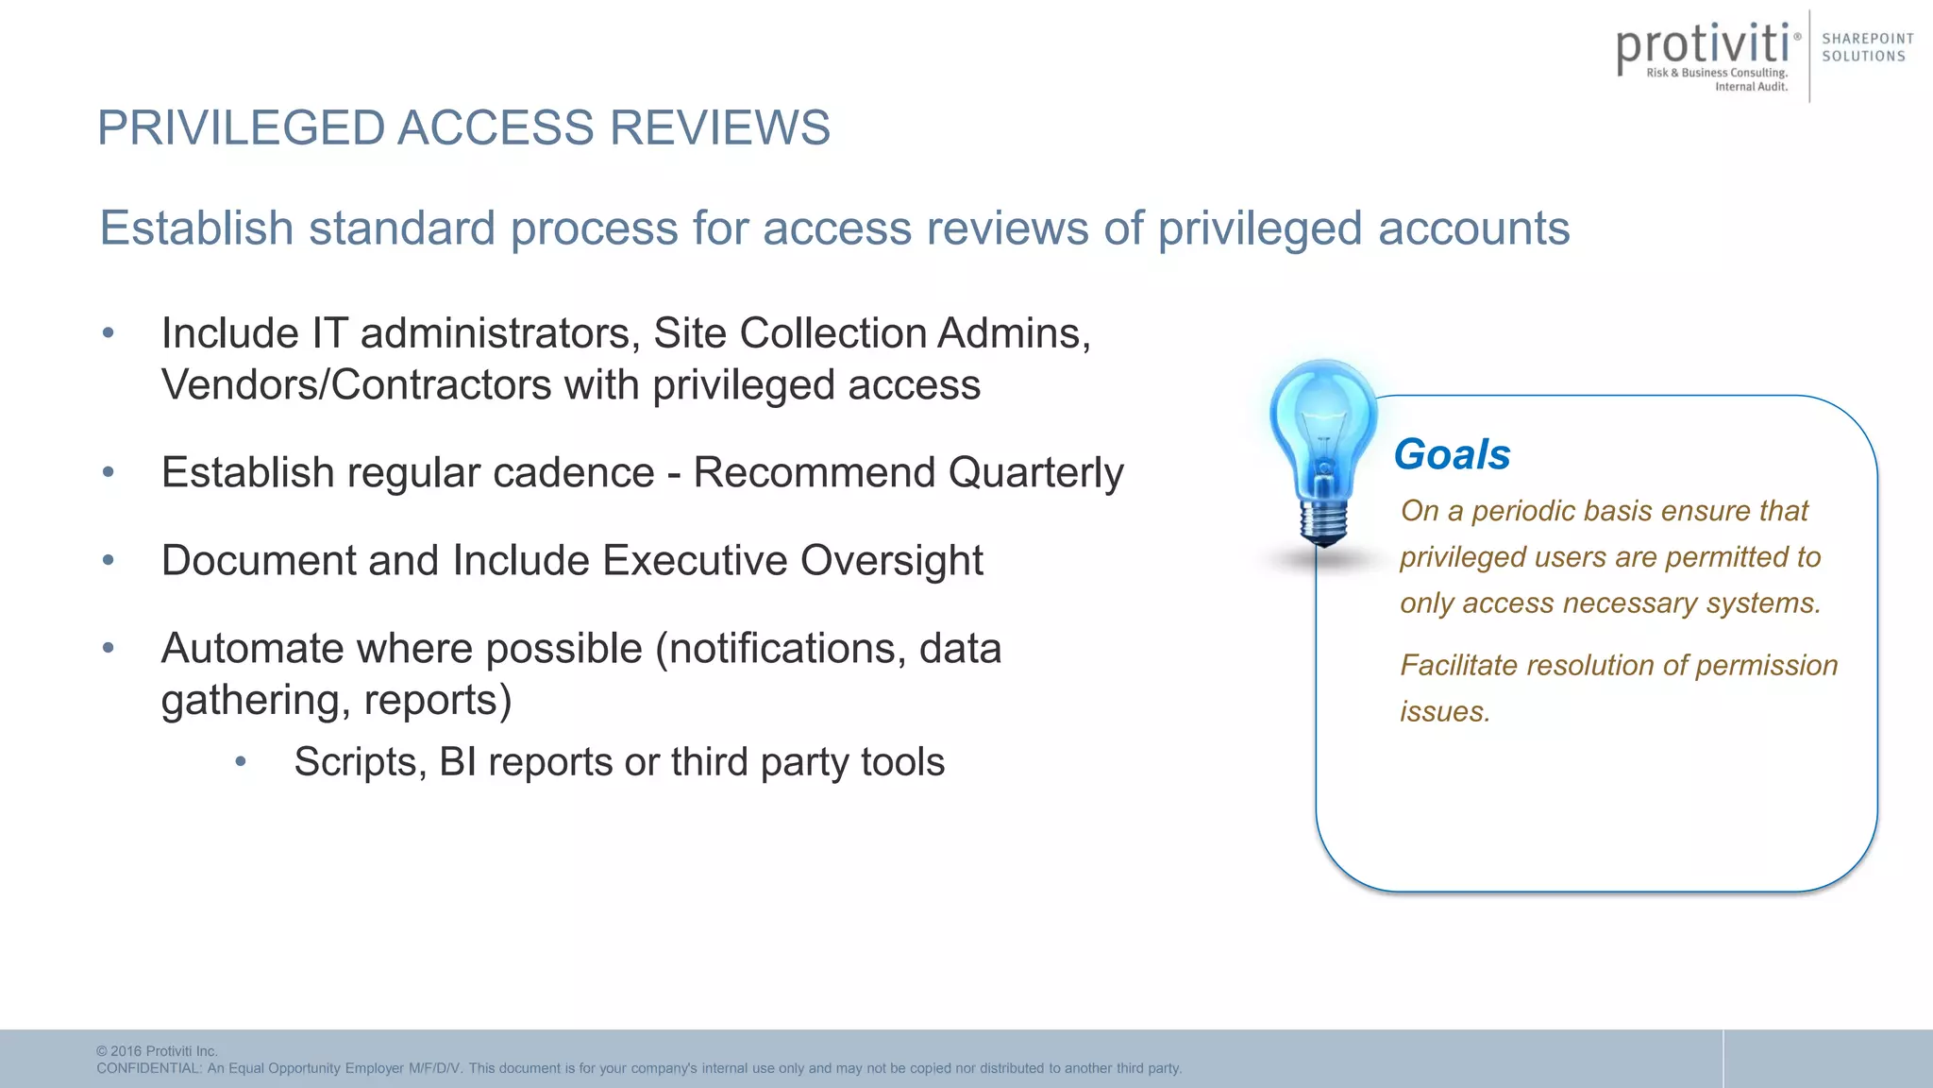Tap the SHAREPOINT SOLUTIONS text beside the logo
click(1867, 47)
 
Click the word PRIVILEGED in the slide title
click(242, 127)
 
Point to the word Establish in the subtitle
click(197, 229)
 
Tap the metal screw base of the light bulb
click(1323, 523)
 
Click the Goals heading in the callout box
click(1452, 454)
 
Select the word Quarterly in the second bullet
click(1035, 472)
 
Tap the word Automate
click(250, 649)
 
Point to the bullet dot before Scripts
click(241, 761)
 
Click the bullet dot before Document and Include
click(109, 560)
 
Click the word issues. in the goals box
click(1444, 711)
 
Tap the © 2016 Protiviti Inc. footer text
click(157, 1051)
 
